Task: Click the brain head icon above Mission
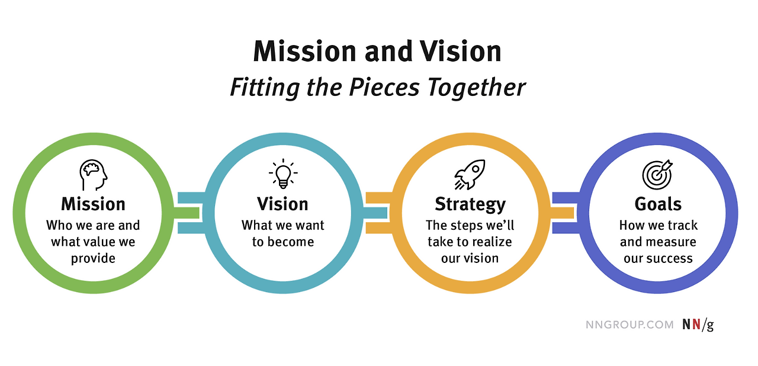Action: tap(94, 174)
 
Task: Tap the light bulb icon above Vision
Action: tap(283, 174)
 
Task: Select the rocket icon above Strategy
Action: tap(470, 174)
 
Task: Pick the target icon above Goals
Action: tap(657, 174)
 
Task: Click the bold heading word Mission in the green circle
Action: tap(94, 204)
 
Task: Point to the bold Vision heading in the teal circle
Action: tap(283, 204)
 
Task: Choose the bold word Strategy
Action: tap(470, 205)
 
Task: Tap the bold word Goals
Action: tap(658, 204)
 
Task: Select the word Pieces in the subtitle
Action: tap(385, 88)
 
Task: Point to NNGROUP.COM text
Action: tap(629, 325)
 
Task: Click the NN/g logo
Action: tap(698, 325)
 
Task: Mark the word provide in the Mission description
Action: tap(93, 259)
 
